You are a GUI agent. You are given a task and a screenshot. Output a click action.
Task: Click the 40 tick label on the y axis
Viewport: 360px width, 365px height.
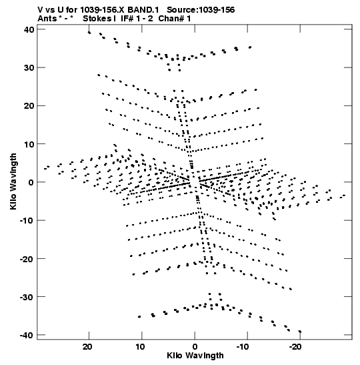pyautogui.click(x=29, y=30)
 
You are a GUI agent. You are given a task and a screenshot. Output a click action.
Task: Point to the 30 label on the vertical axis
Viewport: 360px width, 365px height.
pyautogui.click(x=29, y=68)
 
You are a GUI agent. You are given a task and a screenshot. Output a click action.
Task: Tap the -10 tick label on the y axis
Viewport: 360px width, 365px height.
pyautogui.click(x=27, y=221)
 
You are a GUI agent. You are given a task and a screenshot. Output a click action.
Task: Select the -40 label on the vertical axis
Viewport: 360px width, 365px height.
pyautogui.click(x=27, y=335)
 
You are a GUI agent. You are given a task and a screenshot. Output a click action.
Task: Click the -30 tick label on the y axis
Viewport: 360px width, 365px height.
pyautogui.click(x=27, y=297)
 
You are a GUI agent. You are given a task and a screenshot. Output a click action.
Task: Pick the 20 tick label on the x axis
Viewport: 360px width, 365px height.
pyautogui.click(x=87, y=347)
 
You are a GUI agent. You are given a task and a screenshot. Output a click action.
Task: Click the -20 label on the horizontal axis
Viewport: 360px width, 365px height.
pyautogui.click(x=295, y=347)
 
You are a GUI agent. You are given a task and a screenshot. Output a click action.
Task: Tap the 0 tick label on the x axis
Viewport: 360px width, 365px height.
pyautogui.click(x=195, y=347)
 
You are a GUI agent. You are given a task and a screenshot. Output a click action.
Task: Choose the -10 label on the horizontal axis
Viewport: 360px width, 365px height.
pyautogui.click(x=243, y=347)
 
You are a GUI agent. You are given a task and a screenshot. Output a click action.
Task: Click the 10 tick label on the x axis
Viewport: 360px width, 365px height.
pyautogui.click(x=140, y=347)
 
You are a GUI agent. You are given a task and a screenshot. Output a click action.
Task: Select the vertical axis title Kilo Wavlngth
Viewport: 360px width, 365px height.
pyautogui.click(x=13, y=181)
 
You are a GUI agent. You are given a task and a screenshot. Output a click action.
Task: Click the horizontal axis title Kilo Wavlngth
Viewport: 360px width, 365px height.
pyautogui.click(x=195, y=356)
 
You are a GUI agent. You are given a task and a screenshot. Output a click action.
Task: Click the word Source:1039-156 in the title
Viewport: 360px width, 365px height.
pyautogui.click(x=201, y=10)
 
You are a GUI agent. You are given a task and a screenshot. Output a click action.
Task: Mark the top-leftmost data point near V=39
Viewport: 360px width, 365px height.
pyautogui.click(x=89, y=33)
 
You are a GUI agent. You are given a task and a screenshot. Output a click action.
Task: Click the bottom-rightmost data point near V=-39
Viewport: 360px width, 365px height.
pyautogui.click(x=300, y=332)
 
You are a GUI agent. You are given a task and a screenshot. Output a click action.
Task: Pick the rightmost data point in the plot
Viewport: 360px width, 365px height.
pyautogui.click(x=344, y=196)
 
